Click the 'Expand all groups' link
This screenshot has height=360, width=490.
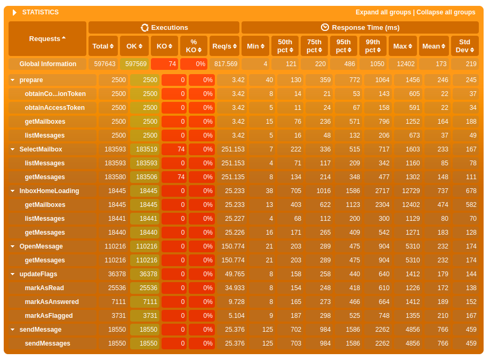383,12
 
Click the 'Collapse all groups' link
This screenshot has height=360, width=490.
446,12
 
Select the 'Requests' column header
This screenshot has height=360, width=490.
47,38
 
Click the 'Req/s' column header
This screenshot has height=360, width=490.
224,46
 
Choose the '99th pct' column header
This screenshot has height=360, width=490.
373,46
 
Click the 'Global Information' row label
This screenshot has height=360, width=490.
48,64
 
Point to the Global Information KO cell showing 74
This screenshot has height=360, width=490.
165,64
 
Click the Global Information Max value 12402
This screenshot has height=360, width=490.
403,64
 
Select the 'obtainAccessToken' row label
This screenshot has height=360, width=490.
55,108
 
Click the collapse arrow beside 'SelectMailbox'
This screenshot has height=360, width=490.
12,149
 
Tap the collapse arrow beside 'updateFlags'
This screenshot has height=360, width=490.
12,274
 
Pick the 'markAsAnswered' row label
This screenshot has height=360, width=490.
52,302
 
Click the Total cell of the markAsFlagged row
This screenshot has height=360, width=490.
114,316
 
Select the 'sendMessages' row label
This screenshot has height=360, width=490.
47,343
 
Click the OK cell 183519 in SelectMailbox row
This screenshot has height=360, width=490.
145,149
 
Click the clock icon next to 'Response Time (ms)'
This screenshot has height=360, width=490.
325,27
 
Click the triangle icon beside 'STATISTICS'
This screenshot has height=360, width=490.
14,12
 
